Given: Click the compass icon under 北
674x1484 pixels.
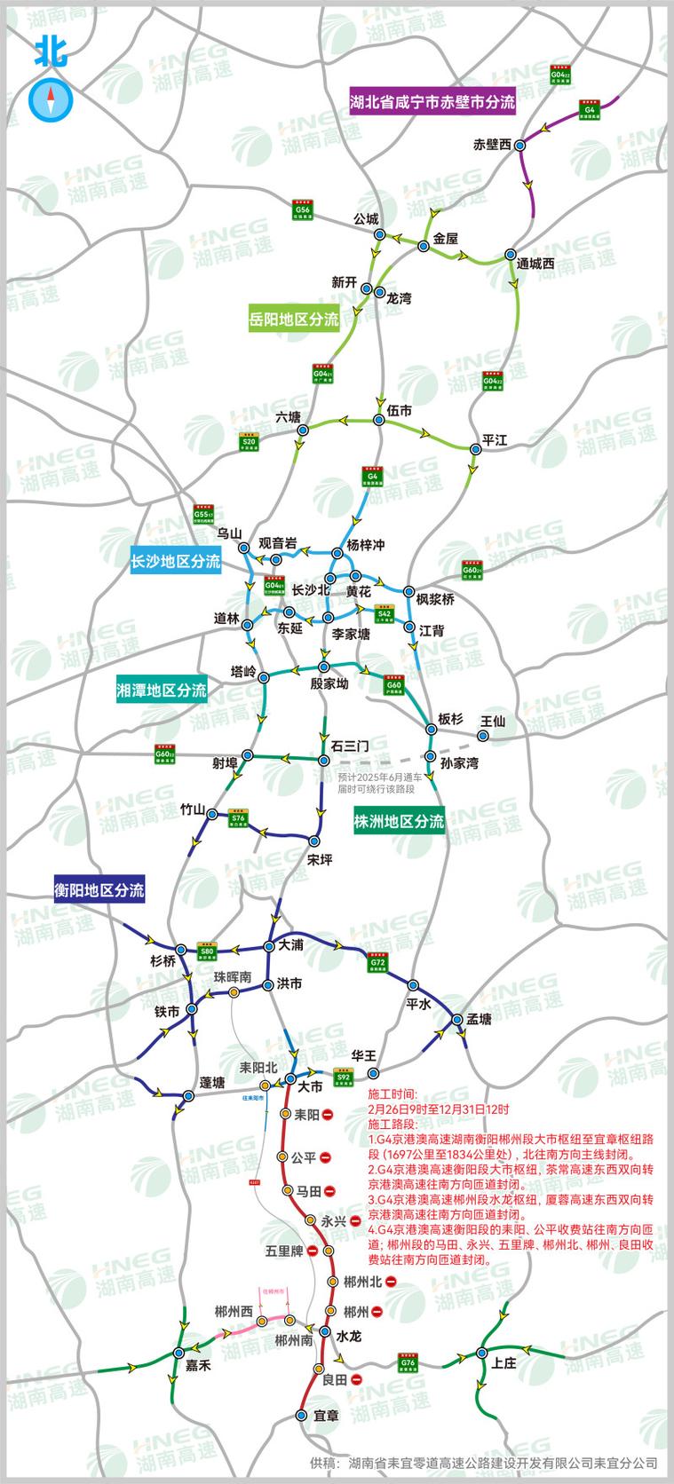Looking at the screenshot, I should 49,99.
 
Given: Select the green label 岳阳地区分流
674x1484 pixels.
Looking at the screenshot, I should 294,320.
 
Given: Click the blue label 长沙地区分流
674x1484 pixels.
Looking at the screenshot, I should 176,560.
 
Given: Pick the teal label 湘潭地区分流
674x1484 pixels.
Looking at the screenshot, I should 162,689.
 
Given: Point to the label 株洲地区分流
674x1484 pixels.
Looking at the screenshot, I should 399,821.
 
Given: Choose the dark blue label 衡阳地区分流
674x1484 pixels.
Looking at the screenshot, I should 99,889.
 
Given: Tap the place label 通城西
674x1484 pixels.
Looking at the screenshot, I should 535,264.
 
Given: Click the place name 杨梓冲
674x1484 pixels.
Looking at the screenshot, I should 360,544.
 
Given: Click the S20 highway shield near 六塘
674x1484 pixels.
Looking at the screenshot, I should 250,441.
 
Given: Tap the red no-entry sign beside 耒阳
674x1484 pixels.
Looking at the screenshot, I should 328,1114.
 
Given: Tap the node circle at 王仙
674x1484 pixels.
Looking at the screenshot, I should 484,736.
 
